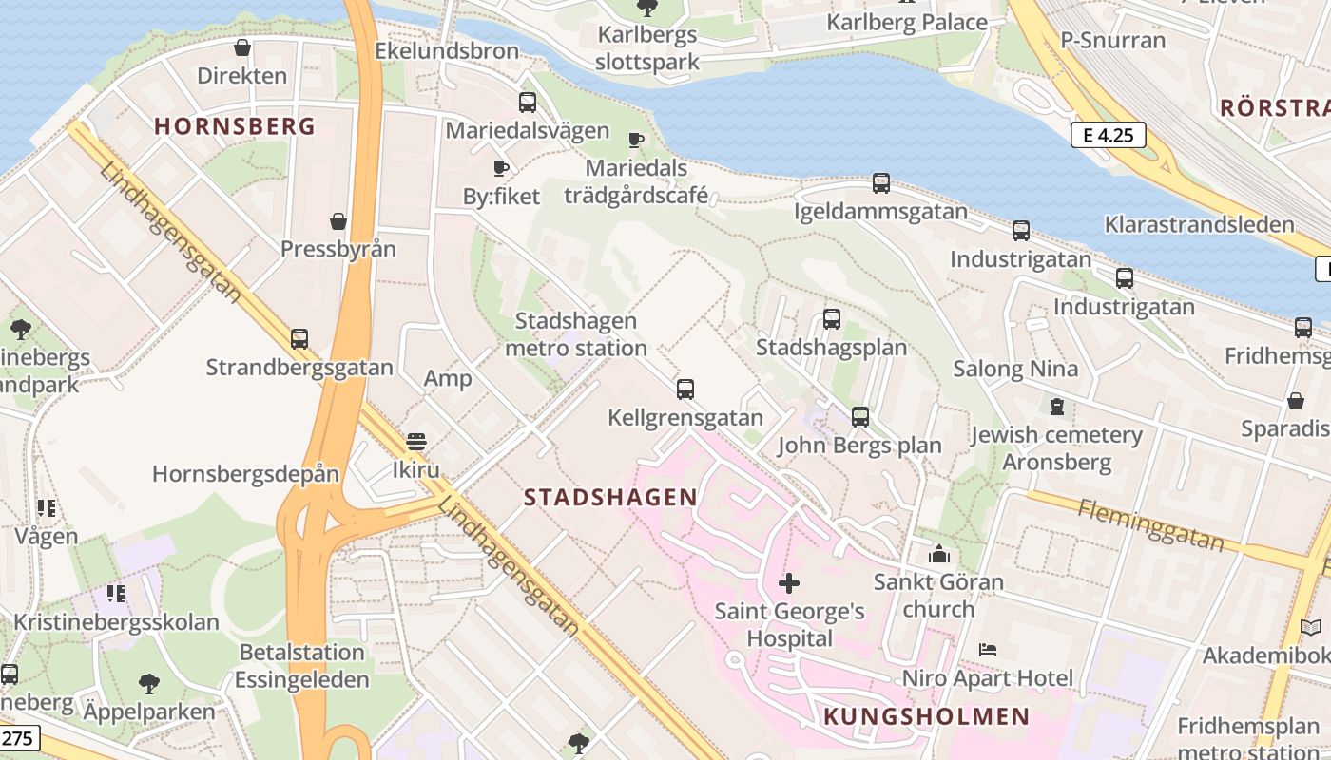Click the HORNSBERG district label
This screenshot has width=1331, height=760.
click(234, 126)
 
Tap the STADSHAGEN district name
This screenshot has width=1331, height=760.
click(610, 497)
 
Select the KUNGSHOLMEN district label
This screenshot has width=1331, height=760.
click(927, 716)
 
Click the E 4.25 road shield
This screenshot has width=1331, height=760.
click(1108, 135)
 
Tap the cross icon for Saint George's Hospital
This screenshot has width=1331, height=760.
click(789, 582)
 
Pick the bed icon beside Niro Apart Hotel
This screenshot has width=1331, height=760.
click(988, 650)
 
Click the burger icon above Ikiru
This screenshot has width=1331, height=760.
click(415, 442)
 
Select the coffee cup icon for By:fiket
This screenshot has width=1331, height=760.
click(501, 169)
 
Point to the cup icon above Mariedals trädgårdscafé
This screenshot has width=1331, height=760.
click(636, 141)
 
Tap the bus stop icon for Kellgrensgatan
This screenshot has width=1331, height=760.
click(685, 389)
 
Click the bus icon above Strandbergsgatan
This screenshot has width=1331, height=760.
click(299, 338)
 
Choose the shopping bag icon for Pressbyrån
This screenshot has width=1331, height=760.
click(338, 221)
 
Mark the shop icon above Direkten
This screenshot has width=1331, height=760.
click(242, 47)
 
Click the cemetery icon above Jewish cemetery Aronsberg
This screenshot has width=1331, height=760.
click(1056, 407)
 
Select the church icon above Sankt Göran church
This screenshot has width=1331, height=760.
click(939, 554)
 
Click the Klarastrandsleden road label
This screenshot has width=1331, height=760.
click(1199, 225)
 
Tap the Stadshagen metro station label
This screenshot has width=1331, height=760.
click(575, 334)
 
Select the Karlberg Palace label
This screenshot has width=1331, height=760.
click(907, 23)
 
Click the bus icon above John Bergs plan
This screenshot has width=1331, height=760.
click(860, 416)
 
